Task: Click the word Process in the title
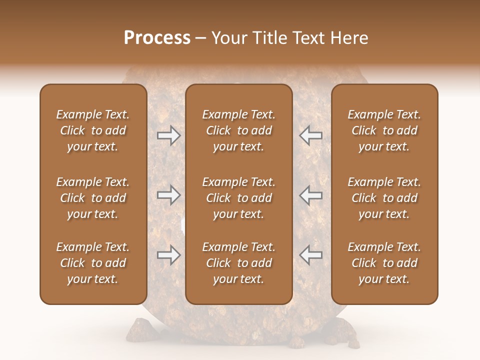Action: coord(157,38)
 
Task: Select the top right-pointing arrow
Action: coord(168,135)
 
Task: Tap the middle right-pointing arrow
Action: coord(168,195)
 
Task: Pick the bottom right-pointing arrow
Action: coord(168,255)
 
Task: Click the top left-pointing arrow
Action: coord(311,135)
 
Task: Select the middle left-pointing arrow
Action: coord(311,195)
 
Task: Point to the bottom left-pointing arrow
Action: coord(311,255)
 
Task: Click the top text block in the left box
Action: coord(93,130)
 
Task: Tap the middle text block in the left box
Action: coord(93,198)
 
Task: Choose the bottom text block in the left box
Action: coord(93,263)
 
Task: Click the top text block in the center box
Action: coord(238,130)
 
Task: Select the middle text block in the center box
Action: coord(238,198)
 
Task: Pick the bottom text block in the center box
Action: coord(238,263)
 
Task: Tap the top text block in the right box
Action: coord(384,130)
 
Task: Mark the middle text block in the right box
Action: coord(384,198)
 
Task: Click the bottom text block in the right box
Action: coord(384,263)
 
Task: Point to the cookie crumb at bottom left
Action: coord(135,330)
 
